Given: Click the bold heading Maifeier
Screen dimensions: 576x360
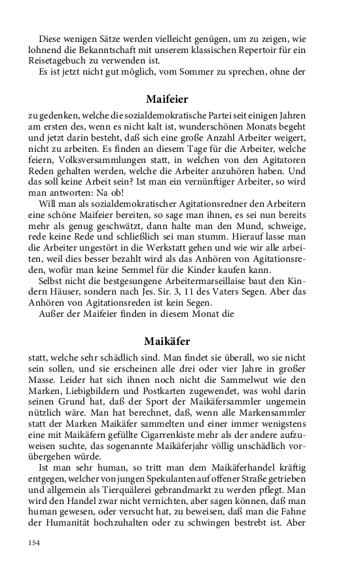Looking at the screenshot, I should tap(167, 100).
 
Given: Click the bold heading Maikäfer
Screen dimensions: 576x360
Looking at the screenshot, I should tap(167, 341).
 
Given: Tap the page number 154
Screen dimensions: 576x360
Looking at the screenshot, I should tap(34, 543).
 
